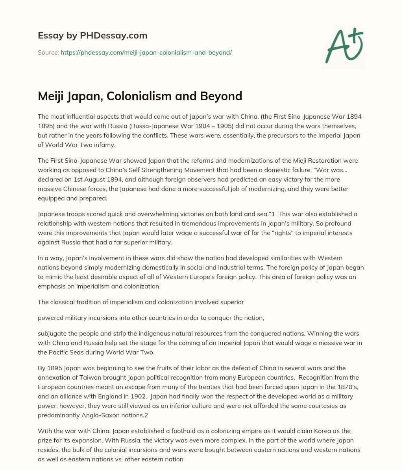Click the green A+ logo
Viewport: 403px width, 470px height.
tap(344, 46)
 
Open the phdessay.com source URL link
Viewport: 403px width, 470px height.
tap(146, 52)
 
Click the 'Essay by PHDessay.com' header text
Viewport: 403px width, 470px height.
tap(92, 36)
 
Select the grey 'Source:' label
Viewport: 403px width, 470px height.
tap(48, 52)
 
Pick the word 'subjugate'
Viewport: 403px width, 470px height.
tap(52, 334)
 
